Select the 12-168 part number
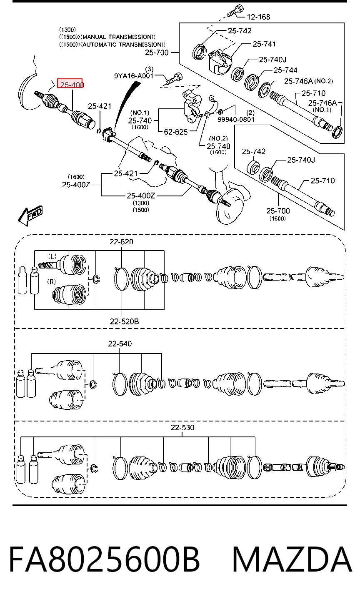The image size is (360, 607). point(258,17)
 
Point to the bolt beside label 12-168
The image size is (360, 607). point(235,10)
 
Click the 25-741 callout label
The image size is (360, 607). point(264,44)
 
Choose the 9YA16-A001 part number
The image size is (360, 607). point(134,76)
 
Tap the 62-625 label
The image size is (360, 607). point(176,132)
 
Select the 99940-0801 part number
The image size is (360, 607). point(236,119)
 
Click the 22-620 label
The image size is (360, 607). point(121,241)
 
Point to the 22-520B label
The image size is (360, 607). point(124,321)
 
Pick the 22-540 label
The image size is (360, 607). point(120,344)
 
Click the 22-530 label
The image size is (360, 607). point(182,428)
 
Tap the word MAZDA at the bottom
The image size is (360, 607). point(292,559)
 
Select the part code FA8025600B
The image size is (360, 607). point(104,559)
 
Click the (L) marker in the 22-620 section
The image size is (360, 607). point(52,256)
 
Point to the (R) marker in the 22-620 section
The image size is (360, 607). point(52,282)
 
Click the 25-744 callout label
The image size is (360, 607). point(285,70)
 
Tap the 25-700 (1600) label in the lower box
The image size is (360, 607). point(278,214)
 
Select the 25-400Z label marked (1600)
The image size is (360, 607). point(76,181)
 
